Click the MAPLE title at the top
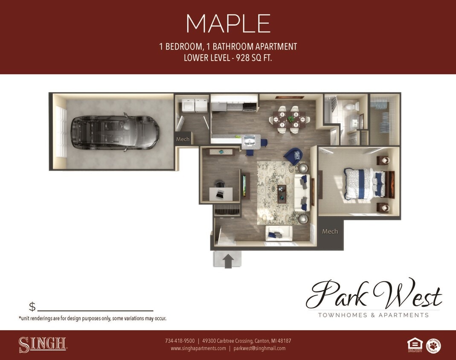coord(228,23)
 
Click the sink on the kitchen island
coord(250,140)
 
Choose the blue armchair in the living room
coord(294,156)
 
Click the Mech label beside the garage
coord(183,139)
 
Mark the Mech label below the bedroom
coord(330,232)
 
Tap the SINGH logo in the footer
coord(42,345)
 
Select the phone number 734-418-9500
coord(180,341)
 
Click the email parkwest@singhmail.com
coord(259,348)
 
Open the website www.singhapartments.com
coord(198,348)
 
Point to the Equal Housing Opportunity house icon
coord(415,344)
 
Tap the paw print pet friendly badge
coord(433,345)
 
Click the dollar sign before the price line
coord(32,307)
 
